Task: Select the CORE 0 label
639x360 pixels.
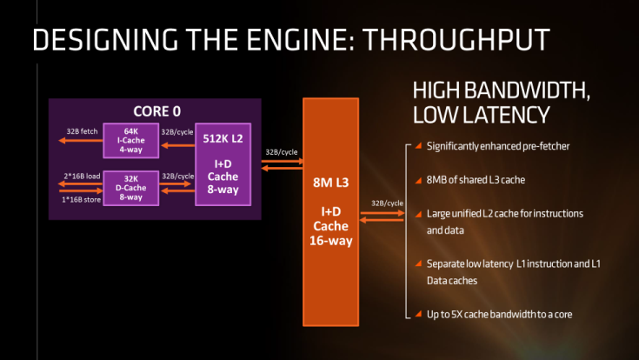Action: (157, 111)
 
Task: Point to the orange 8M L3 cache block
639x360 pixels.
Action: (331, 211)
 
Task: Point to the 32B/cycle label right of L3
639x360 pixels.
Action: (386, 203)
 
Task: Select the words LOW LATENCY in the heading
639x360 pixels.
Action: (480, 115)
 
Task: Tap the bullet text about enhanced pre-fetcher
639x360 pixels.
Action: (498, 146)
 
